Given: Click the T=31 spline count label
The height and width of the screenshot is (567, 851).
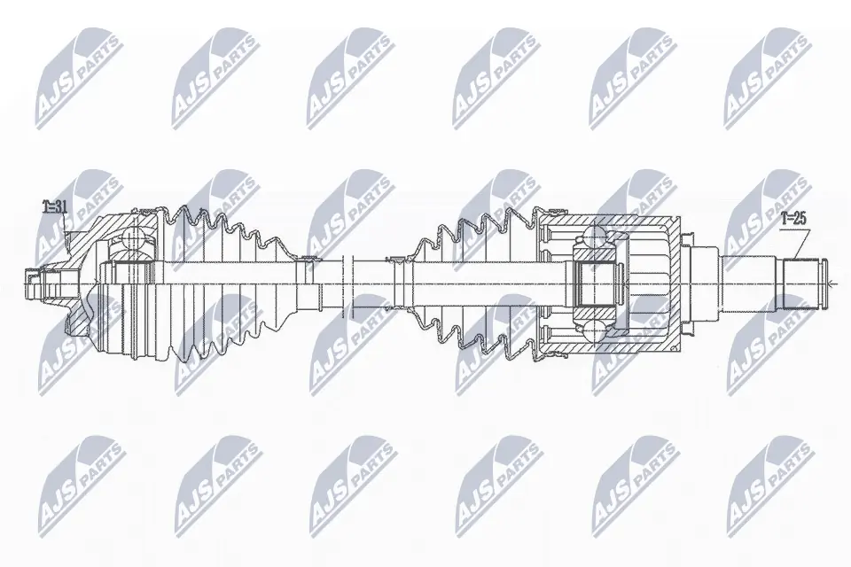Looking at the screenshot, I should click(x=55, y=208).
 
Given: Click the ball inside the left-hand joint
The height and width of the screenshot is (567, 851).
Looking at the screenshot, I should click(x=135, y=240).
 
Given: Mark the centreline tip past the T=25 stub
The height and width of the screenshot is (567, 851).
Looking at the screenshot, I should click(x=834, y=283).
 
